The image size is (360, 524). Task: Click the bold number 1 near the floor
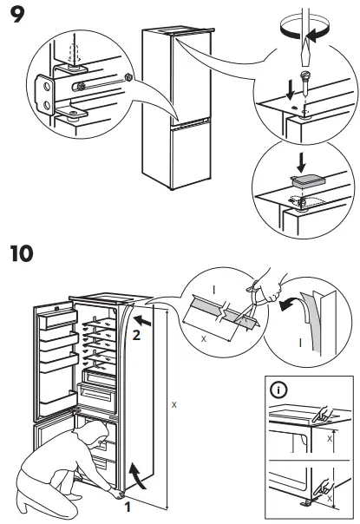(128, 508)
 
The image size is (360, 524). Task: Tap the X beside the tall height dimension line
(174, 405)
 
